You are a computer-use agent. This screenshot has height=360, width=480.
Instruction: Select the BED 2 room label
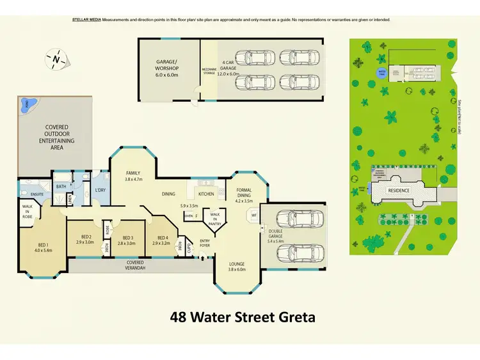[x=85, y=240]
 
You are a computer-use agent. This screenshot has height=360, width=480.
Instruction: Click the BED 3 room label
[x=127, y=240]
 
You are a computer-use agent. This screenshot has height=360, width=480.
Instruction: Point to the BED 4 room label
[x=160, y=240]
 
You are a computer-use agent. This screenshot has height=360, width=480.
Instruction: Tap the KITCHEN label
[x=206, y=193]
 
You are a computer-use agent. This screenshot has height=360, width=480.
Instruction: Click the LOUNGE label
[x=237, y=267]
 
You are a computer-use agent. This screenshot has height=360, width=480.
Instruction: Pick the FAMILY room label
[x=133, y=176]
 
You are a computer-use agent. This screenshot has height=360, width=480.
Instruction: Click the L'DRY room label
[x=100, y=191]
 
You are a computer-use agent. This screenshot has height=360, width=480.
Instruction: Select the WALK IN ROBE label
[x=27, y=212]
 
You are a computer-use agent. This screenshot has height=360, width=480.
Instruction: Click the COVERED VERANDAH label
[x=135, y=265]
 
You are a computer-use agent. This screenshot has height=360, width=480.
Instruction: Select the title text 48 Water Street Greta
[x=243, y=317]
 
